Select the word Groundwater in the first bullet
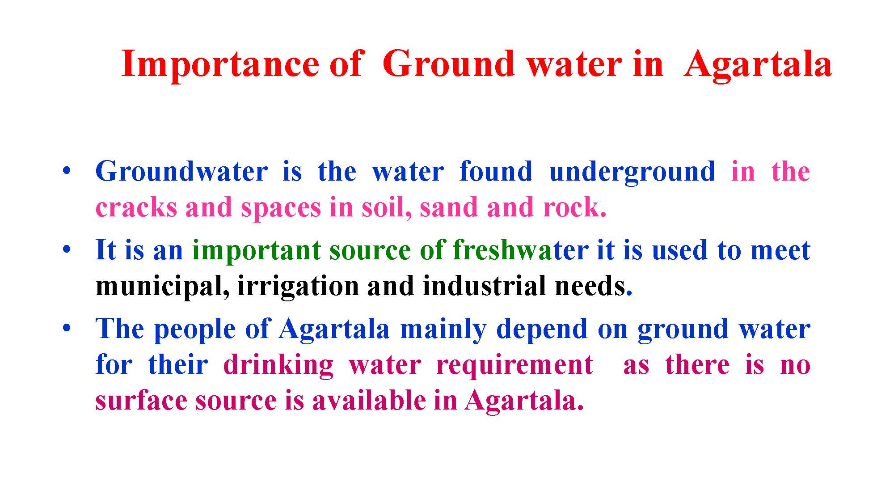click(181, 171)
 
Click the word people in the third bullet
click(194, 330)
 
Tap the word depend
click(542, 330)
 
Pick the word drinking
click(278, 366)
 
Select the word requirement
click(514, 366)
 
